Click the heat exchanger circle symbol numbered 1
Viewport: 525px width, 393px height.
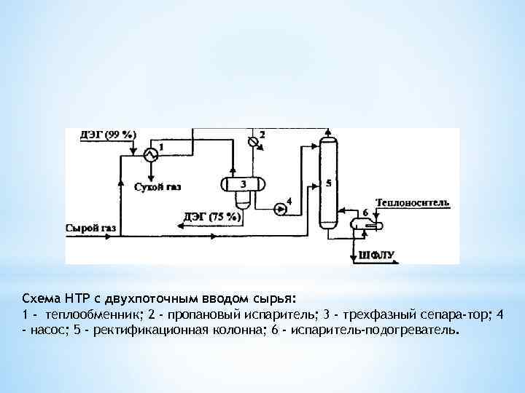tap(149, 154)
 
